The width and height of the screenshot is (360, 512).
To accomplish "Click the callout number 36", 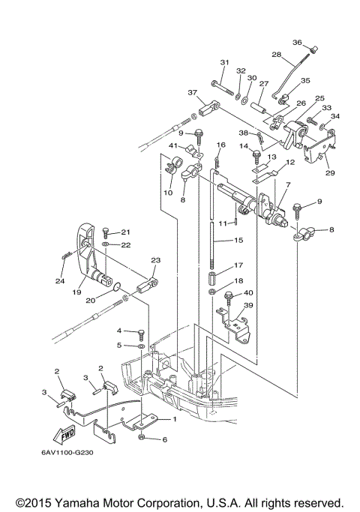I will [x=297, y=42].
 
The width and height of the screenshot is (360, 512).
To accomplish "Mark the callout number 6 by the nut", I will [x=164, y=439].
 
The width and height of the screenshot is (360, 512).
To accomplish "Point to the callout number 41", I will [x=172, y=145].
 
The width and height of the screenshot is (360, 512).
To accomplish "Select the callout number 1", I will [x=175, y=419].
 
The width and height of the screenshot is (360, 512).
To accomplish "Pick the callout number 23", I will [x=156, y=260].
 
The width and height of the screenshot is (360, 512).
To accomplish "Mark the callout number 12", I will [x=289, y=162].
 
